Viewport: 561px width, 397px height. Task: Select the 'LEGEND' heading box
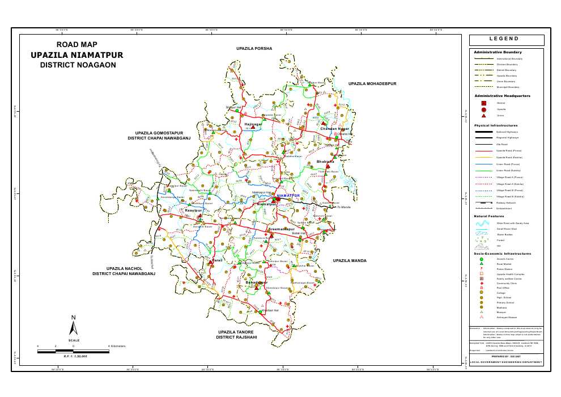pos(507,40)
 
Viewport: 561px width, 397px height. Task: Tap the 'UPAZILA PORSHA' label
pos(254,49)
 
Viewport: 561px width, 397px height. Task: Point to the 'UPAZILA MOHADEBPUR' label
pos(372,83)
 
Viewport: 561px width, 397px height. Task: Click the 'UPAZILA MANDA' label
pos(350,261)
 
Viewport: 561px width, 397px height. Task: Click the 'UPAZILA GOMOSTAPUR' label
pos(159,133)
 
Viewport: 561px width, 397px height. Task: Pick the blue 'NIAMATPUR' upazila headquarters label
pos(288,196)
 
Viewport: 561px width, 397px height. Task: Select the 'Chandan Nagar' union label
pos(334,129)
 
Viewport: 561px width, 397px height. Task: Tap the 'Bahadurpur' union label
pos(256,282)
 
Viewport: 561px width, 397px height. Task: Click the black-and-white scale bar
pos(73,352)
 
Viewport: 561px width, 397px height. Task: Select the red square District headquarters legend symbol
pos(483,103)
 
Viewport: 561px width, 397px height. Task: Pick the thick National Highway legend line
pos(483,132)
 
